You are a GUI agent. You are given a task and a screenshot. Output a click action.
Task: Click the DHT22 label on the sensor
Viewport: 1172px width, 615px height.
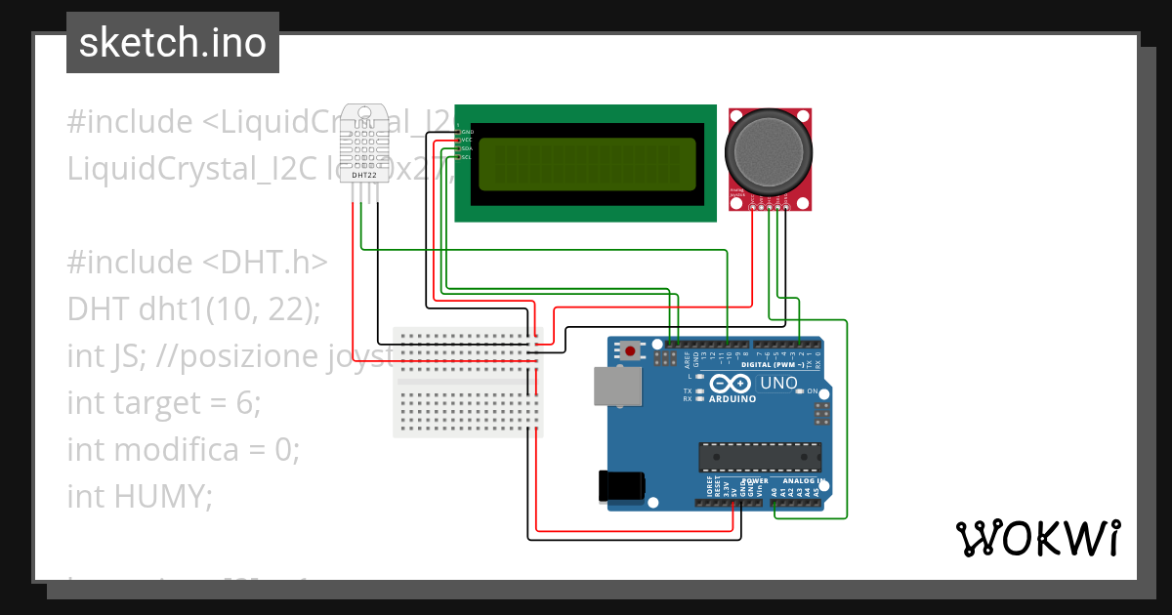tap(364, 176)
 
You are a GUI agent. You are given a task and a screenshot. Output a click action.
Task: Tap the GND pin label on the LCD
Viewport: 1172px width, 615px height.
tap(467, 131)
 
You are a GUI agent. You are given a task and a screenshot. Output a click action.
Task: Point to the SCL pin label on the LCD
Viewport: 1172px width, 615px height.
tap(467, 157)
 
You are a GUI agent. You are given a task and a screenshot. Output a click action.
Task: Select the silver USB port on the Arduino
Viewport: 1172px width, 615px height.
tap(617, 386)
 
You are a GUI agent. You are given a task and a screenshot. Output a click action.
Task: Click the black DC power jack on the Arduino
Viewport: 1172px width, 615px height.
tap(622, 485)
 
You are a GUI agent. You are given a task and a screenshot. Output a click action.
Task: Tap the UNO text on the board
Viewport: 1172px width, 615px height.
tap(778, 384)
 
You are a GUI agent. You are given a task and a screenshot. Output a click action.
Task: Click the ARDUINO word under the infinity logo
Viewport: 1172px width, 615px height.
tap(732, 398)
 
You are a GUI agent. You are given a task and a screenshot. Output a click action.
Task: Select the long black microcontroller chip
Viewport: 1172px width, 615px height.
tap(759, 456)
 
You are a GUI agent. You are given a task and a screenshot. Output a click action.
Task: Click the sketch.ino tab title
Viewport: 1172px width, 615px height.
tap(172, 43)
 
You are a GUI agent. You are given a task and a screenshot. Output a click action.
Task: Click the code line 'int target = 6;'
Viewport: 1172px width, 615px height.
tap(164, 402)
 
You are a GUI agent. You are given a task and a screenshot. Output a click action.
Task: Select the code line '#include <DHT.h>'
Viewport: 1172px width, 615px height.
tap(197, 263)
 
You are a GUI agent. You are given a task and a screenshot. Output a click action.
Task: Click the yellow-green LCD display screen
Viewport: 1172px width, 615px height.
tap(586, 164)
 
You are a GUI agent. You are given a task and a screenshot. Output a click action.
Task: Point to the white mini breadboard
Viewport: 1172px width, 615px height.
tap(468, 382)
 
